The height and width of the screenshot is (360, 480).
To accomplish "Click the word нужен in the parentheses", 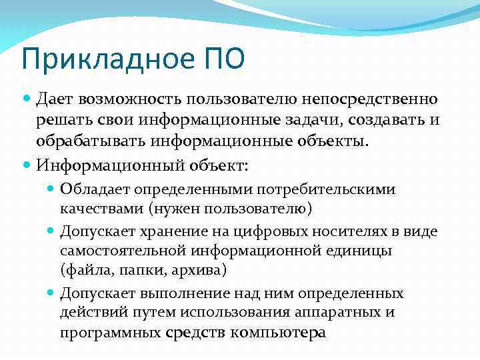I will click(x=175, y=209).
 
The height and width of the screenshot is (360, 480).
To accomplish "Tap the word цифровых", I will click(x=290, y=231).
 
